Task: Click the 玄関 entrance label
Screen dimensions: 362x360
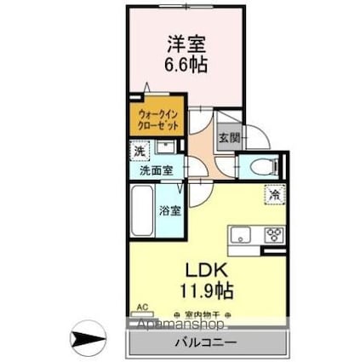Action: click(x=228, y=138)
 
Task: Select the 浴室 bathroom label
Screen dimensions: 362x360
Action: click(x=169, y=210)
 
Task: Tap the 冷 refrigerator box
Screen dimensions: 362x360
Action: click(x=274, y=194)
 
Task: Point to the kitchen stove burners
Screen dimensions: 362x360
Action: click(x=273, y=234)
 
